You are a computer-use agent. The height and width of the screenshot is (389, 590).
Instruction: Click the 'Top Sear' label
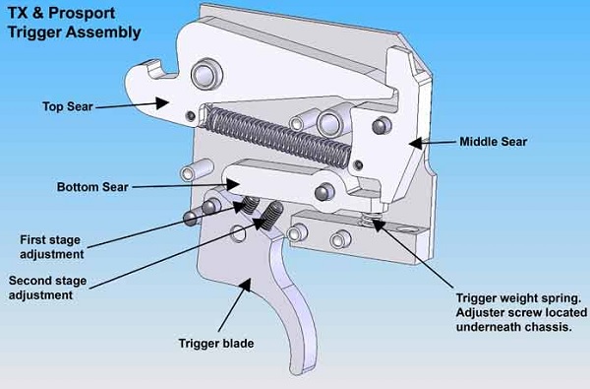68,106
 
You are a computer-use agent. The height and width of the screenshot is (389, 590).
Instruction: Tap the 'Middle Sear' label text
493,142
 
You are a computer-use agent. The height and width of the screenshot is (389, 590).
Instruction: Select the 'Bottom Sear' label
92,187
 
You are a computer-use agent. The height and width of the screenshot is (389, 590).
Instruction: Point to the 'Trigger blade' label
216,344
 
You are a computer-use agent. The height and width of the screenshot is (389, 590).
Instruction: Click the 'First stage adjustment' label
52,247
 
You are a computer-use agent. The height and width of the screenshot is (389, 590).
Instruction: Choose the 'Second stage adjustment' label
47,288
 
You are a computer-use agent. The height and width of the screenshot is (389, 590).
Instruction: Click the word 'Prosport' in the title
82,14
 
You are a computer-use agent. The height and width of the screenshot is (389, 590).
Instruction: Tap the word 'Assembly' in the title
103,32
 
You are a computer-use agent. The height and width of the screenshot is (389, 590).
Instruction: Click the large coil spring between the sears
278,137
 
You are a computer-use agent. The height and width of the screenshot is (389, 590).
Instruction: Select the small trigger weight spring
370,219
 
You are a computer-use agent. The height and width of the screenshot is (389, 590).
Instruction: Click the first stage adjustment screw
250,205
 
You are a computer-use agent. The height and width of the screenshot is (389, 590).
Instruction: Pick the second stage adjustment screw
271,216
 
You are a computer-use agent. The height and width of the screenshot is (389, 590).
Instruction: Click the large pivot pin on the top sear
206,74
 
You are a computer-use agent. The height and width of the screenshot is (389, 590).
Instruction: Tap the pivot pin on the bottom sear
324,192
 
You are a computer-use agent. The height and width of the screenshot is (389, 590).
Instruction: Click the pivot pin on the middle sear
382,125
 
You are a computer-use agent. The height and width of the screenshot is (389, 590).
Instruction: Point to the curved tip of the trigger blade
300,367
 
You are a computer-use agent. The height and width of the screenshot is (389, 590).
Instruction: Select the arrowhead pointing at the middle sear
417,143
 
